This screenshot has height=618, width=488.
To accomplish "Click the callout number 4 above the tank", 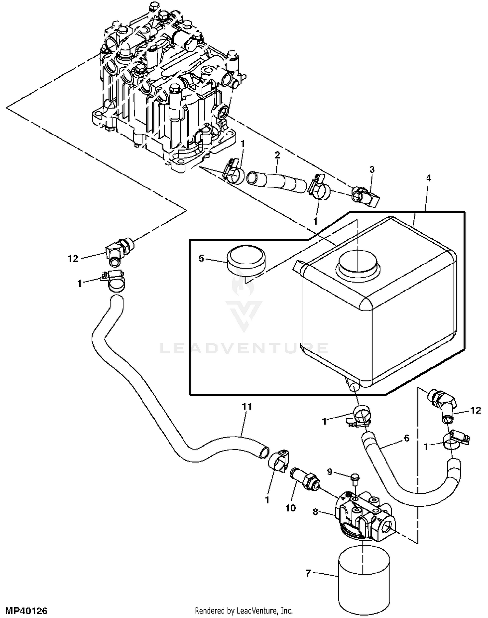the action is (x=428, y=178).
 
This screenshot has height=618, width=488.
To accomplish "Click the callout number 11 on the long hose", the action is (x=247, y=406).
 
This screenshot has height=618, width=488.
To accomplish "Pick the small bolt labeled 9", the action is (x=355, y=477).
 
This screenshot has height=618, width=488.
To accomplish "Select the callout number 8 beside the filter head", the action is (x=315, y=512).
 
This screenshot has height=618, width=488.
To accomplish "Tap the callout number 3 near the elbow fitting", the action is (x=372, y=169).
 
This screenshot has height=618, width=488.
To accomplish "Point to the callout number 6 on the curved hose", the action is (x=407, y=438).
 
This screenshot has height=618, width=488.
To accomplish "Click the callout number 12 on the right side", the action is (x=476, y=410).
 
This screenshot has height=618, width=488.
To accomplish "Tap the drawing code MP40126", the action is (x=24, y=611).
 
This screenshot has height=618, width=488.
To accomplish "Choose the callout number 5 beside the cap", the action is (x=201, y=259).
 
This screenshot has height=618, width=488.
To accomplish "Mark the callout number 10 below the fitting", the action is (x=291, y=508).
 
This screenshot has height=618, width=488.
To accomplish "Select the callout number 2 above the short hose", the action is (x=277, y=155).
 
